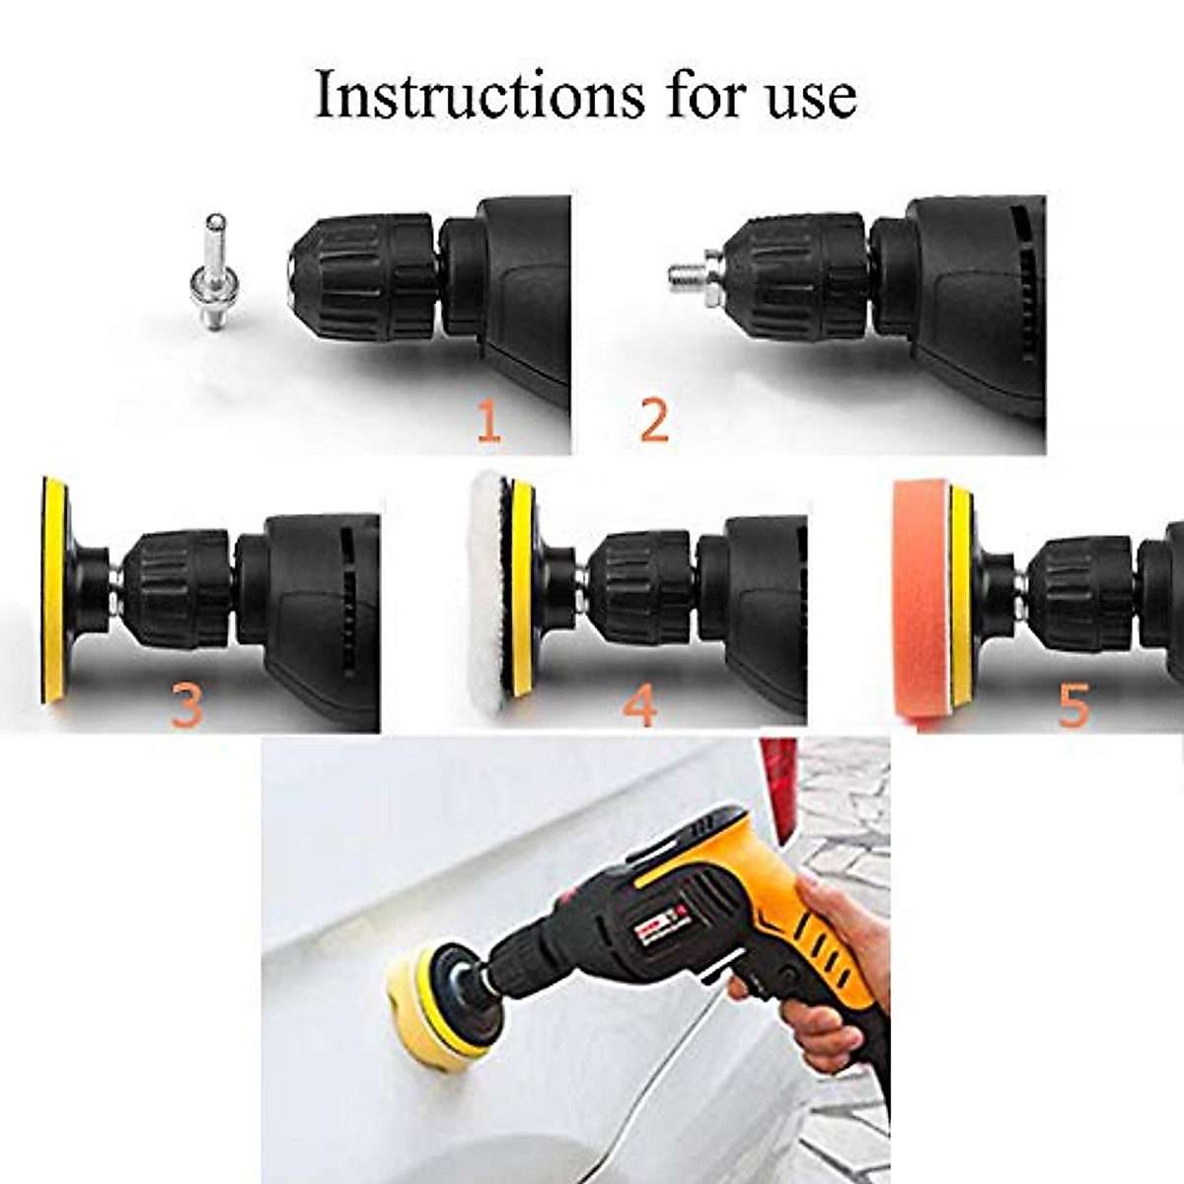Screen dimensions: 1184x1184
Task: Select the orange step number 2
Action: coord(653,420)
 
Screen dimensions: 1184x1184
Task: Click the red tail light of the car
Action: coord(779,789)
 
